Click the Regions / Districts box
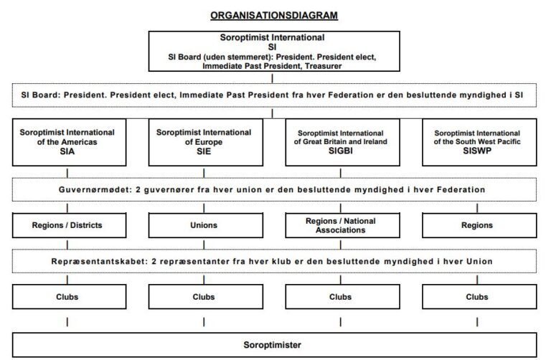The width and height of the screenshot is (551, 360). pyautogui.click(x=67, y=225)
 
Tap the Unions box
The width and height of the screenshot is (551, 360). pyautogui.click(x=204, y=225)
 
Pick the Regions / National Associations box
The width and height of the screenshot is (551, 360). pyautogui.click(x=340, y=225)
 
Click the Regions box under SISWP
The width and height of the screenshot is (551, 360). pyautogui.click(x=476, y=225)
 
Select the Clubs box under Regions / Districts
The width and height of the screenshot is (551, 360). pyautogui.click(x=67, y=296)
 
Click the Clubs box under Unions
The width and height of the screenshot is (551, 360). pyautogui.click(x=204, y=296)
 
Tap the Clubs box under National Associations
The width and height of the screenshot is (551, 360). pyautogui.click(x=340, y=296)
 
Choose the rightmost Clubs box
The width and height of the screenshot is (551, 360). pyautogui.click(x=476, y=296)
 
